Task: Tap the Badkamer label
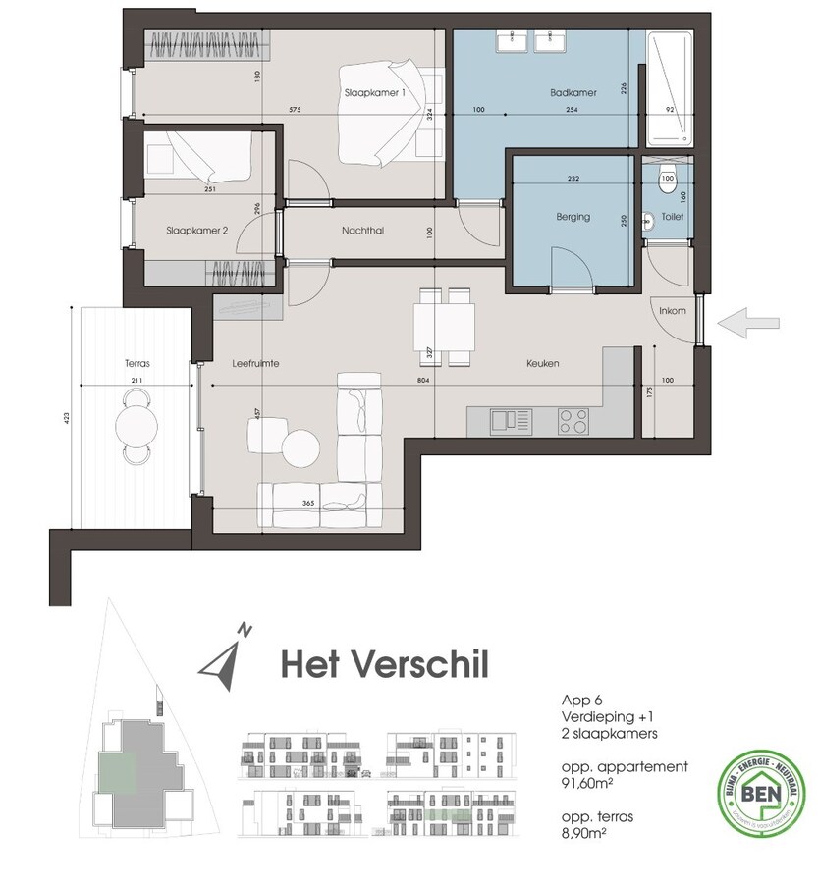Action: [x=573, y=93]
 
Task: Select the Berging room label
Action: [x=573, y=217]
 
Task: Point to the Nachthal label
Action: [x=362, y=232]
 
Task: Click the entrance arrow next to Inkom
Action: [x=748, y=322]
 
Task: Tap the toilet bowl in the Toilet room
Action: [x=668, y=179]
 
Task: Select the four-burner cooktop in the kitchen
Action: [x=575, y=421]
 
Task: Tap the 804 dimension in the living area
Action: [x=423, y=380]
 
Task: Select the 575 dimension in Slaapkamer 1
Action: [x=294, y=110]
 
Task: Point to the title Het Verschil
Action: [x=384, y=663]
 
